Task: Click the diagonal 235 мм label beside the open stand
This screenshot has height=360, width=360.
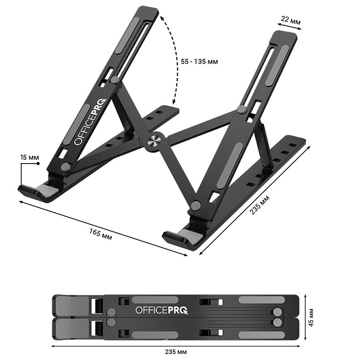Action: click(260, 206)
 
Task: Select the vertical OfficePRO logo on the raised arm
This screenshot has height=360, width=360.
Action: click(90, 123)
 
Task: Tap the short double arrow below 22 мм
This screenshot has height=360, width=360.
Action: click(286, 30)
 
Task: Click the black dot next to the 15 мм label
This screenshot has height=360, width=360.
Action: click(39, 163)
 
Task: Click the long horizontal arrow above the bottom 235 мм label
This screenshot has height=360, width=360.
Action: click(175, 345)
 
